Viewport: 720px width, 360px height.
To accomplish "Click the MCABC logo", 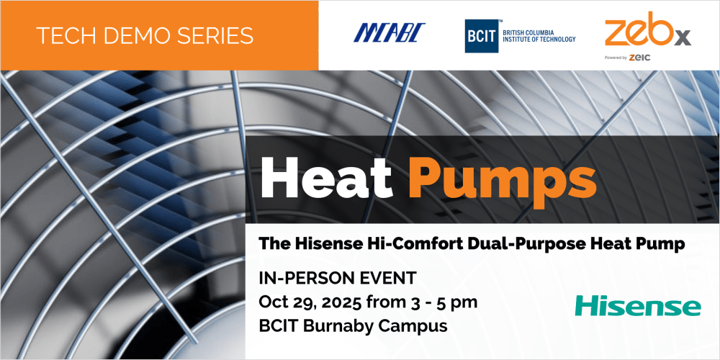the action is point(390,32).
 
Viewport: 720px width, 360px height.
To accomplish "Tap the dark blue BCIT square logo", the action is point(482,36).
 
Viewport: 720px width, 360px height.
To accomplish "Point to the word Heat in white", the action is point(326,177).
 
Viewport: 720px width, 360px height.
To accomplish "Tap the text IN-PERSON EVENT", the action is point(338,278).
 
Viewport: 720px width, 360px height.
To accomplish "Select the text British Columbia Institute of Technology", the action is point(539,36).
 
